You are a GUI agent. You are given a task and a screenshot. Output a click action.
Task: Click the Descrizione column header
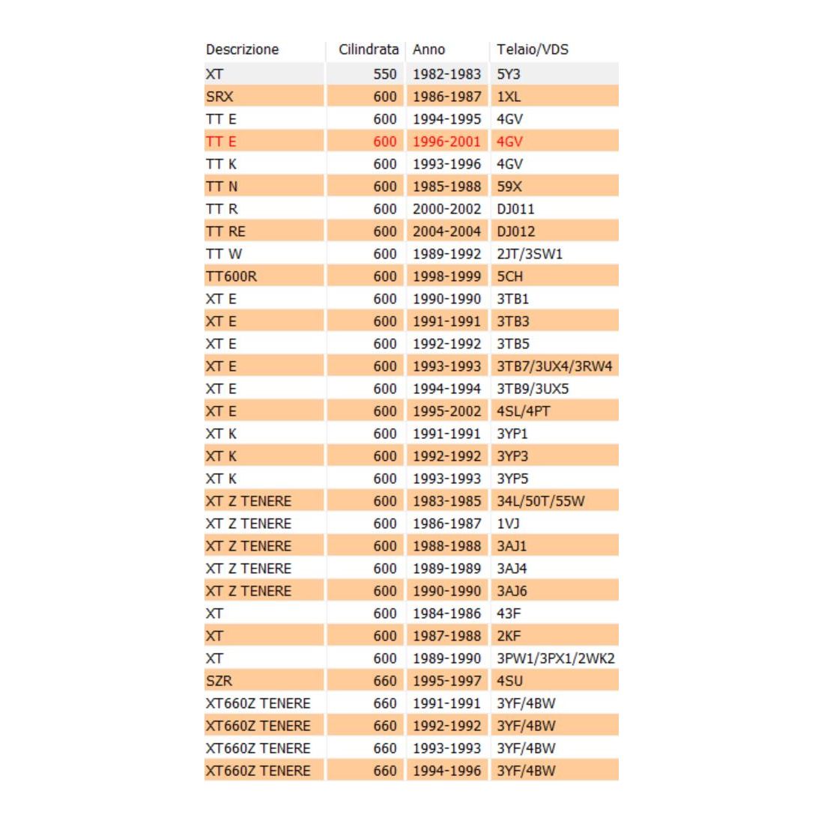pyautogui.click(x=242, y=50)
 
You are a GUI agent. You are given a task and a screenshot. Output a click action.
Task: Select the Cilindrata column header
pyautogui.click(x=368, y=50)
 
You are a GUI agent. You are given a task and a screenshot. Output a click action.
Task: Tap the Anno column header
pyautogui.click(x=428, y=50)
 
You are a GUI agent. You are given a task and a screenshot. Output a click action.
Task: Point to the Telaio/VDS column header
pyautogui.click(x=532, y=50)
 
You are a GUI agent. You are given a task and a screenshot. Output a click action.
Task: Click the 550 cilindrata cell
pyautogui.click(x=384, y=74)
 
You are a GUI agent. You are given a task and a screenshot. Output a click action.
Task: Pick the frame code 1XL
pyautogui.click(x=509, y=97)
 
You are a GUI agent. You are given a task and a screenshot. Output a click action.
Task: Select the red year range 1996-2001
pyautogui.click(x=446, y=142)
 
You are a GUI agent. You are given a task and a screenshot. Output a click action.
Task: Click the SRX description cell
pyautogui.click(x=219, y=97)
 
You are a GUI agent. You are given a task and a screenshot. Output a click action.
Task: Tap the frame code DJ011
pyautogui.click(x=515, y=209)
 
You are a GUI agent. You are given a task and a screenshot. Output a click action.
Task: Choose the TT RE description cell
pyautogui.click(x=225, y=231)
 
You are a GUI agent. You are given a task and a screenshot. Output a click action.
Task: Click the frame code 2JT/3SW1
pyautogui.click(x=529, y=254)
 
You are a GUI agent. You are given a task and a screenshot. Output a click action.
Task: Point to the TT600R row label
pyautogui.click(x=231, y=276)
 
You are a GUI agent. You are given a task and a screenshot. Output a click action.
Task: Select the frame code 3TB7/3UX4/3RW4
pyautogui.click(x=554, y=366)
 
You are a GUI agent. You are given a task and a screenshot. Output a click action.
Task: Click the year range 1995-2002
pyautogui.click(x=446, y=411)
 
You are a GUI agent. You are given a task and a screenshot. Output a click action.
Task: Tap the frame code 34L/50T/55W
pyautogui.click(x=540, y=501)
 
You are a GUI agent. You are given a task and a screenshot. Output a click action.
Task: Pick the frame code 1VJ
pyautogui.click(x=508, y=524)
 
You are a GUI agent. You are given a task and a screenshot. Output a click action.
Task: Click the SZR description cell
pyautogui.click(x=219, y=681)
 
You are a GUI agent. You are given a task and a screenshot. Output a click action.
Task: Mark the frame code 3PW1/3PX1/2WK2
pyautogui.click(x=555, y=658)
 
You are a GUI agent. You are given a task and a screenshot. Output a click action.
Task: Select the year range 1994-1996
pyautogui.click(x=446, y=771)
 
